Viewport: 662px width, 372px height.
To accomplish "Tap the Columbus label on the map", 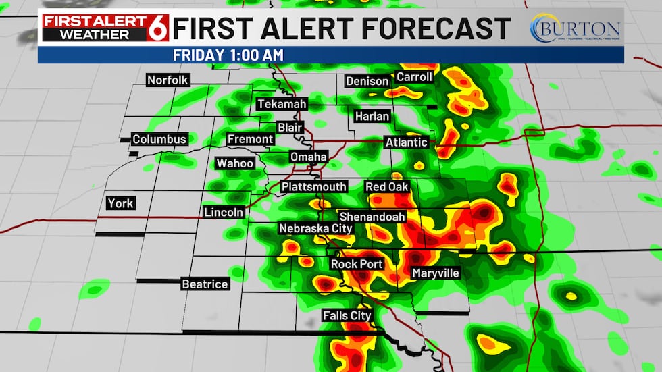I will tap(159, 140).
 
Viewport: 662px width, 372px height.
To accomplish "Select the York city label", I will tap(121, 203).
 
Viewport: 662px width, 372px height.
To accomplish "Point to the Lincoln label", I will tap(224, 212).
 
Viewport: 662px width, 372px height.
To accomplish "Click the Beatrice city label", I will tap(205, 284).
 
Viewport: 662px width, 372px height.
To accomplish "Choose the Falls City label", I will tap(347, 316).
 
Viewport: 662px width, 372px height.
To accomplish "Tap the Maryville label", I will tap(436, 273).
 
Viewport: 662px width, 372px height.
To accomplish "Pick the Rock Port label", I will tap(357, 264).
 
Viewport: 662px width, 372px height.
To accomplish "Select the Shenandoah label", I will tap(372, 217).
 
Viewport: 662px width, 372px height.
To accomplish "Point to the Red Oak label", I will tap(387, 187).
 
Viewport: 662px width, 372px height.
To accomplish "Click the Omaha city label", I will tap(308, 157).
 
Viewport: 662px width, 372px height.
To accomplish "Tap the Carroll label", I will tap(414, 77).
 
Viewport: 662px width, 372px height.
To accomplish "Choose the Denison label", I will tap(367, 82).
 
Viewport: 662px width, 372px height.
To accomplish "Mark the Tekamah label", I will tap(282, 104).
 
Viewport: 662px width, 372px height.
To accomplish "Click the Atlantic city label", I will tap(406, 142).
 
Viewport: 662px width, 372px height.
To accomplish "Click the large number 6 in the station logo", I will tap(160, 28).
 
